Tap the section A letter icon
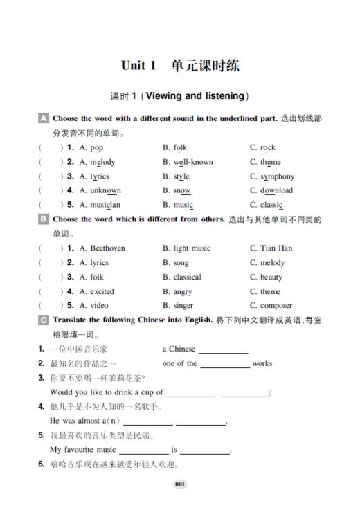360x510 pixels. coord(44,119)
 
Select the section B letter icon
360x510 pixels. coord(44,220)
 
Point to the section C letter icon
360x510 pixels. coord(44,320)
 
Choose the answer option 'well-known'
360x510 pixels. coord(192,162)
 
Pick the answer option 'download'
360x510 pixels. coord(276,190)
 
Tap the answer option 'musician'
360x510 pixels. coord(105,205)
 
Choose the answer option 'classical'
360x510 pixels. coord(188,277)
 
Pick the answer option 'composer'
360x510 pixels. coord(276,306)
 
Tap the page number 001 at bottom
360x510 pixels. coord(180,484)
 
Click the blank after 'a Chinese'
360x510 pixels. coord(223,350)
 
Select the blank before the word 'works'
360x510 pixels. coord(225,365)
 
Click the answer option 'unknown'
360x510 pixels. coord(105,190)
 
